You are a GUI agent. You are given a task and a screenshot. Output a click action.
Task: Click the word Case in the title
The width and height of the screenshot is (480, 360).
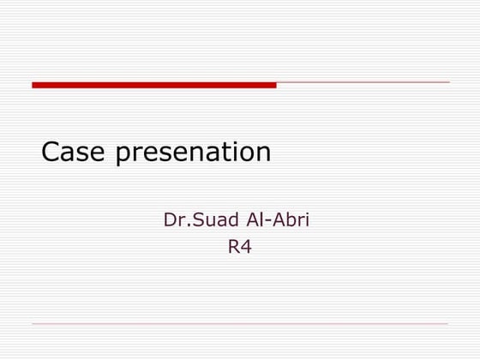pyautogui.click(x=75, y=153)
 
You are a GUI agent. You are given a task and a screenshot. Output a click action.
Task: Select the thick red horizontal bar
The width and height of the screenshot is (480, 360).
pyautogui.click(x=154, y=85)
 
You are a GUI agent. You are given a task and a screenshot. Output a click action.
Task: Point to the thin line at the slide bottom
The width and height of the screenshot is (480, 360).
pyautogui.click(x=240, y=324)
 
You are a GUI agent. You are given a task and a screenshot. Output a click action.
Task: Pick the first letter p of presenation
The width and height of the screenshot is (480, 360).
pyautogui.click(x=123, y=156)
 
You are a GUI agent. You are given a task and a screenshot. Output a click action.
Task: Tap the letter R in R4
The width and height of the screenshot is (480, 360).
pyautogui.click(x=232, y=249)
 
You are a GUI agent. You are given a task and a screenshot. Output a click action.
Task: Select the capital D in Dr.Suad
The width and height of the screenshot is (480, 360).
pyautogui.click(x=170, y=221)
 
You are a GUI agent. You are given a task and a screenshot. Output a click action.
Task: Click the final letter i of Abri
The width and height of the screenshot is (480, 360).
pyautogui.click(x=306, y=221)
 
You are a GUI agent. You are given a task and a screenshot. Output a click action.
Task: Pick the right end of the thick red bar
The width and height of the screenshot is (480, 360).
pyautogui.click(x=274, y=85)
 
